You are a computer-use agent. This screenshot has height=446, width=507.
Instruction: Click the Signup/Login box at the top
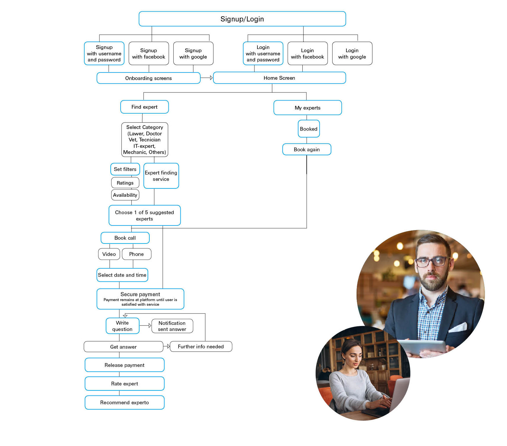pyautogui.click(x=242, y=19)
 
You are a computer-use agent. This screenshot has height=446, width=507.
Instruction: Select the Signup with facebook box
pyautogui.click(x=148, y=54)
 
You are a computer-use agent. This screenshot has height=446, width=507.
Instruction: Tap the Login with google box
pyautogui.click(x=352, y=54)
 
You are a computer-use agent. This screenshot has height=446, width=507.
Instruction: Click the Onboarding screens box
pyautogui.click(x=148, y=78)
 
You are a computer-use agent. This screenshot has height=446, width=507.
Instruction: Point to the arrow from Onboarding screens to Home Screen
pyautogui.click(x=207, y=78)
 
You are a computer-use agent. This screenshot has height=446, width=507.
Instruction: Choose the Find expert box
pyautogui.click(x=144, y=107)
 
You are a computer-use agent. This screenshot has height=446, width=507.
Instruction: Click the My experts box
pyautogui.click(x=307, y=108)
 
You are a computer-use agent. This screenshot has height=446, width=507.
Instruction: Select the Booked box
pyautogui.click(x=308, y=129)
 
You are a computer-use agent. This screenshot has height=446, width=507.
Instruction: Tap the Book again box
pyautogui.click(x=306, y=150)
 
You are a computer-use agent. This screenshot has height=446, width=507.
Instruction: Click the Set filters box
pyautogui.click(x=125, y=169)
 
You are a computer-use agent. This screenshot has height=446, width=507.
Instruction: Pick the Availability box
pyautogui.click(x=125, y=195)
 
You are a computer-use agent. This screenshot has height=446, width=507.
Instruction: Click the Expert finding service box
pyautogui.click(x=161, y=176)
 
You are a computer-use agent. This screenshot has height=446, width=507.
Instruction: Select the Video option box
pyautogui.click(x=109, y=254)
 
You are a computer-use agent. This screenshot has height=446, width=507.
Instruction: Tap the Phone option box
pyautogui.click(x=136, y=254)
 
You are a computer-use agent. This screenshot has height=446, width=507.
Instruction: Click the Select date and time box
pyautogui.click(x=122, y=275)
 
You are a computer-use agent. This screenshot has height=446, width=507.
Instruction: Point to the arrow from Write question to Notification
pyautogui.click(x=146, y=326)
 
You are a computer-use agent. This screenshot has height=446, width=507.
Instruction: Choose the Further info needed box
pyautogui.click(x=201, y=347)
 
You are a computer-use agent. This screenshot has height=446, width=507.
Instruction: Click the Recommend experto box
pyautogui.click(x=124, y=403)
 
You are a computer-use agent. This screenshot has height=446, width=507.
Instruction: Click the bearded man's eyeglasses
pyautogui.click(x=431, y=262)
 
